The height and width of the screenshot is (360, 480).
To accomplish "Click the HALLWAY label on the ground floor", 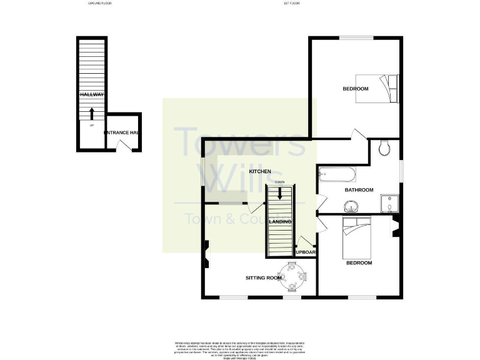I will tap(92, 94).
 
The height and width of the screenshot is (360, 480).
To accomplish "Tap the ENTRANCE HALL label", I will tap(122, 133).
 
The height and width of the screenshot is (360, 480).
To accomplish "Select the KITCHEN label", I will tap(260, 171).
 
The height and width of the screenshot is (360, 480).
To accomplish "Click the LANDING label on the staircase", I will tap(279, 222).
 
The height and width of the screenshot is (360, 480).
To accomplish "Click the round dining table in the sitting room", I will tap(292, 276).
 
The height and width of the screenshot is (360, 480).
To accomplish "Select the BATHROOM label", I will tap(359, 190).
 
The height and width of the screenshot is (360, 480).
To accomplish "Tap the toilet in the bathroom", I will tap(384, 148).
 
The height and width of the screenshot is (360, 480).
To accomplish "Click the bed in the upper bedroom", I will tap(390, 88).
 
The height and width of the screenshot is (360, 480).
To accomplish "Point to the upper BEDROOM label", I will tap(355, 89).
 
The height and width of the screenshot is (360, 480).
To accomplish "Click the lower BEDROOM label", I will tap(359, 263).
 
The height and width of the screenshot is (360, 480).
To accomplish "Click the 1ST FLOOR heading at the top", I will tap(292, 4).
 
